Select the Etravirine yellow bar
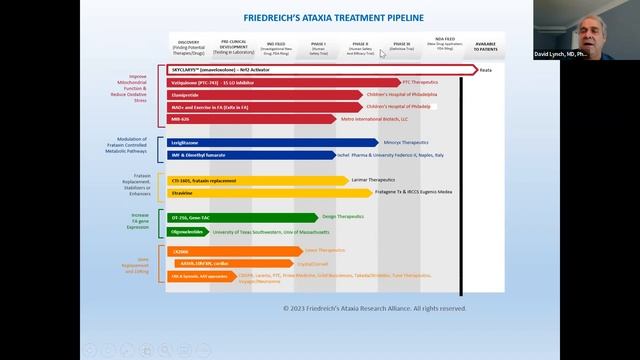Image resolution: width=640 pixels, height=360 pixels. coord(250,192)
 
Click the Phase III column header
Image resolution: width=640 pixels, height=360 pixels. coord(401,46)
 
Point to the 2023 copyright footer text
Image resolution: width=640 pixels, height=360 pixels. coord(374,308)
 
